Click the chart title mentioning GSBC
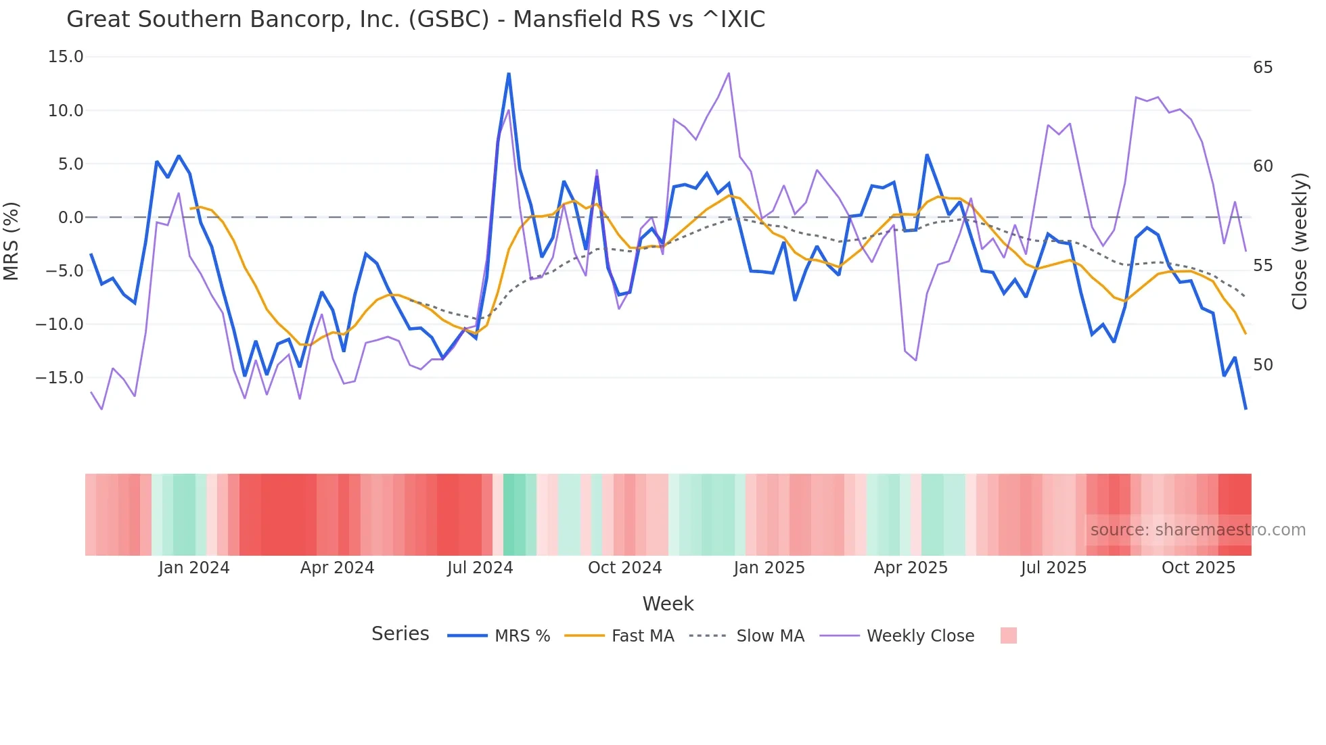click(415, 20)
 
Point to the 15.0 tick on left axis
click(66, 57)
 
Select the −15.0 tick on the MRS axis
click(60, 378)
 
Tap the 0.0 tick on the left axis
click(70, 218)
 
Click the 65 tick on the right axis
click(1262, 68)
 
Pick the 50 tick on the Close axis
click(1262, 365)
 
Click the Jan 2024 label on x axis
click(194, 568)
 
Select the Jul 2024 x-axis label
click(480, 568)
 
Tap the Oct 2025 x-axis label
click(1198, 568)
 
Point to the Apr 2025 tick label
click(911, 568)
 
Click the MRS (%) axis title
click(12, 241)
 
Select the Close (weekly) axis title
click(1299, 241)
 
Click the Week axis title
click(668, 604)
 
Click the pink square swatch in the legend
click(1008, 635)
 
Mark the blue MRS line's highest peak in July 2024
click(509, 74)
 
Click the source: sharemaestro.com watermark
click(1197, 530)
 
